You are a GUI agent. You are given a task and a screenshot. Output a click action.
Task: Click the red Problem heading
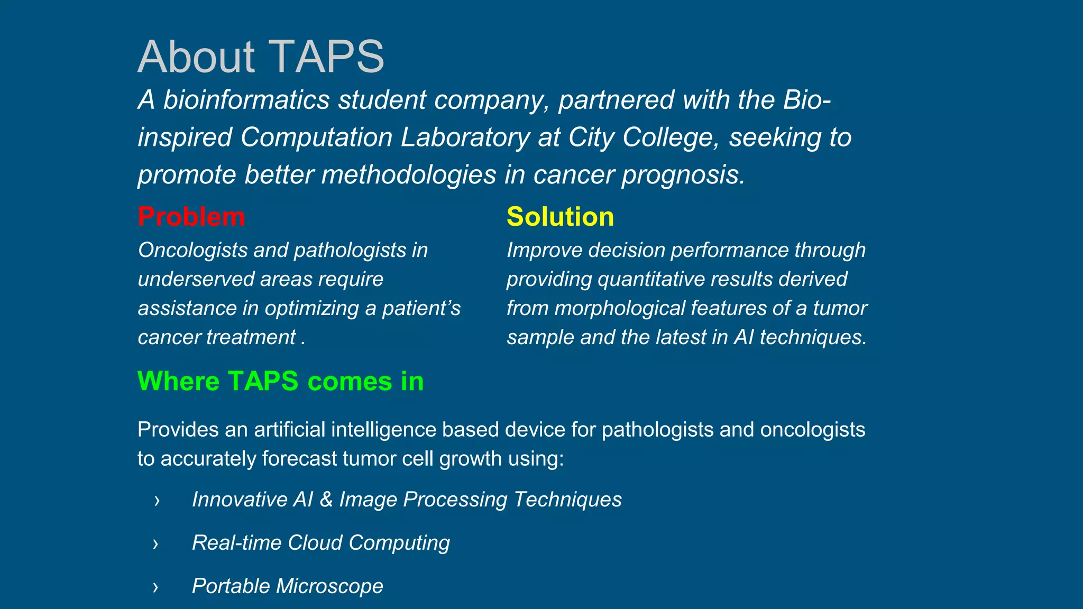point(191,217)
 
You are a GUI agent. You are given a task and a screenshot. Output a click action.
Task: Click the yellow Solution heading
point(560,217)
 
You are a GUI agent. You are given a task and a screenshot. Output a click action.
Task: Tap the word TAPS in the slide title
point(327,57)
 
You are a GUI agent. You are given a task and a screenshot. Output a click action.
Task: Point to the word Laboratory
point(465,137)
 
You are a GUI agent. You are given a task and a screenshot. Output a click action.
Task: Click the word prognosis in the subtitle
point(683,175)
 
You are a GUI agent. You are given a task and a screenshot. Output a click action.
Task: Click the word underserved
point(195,279)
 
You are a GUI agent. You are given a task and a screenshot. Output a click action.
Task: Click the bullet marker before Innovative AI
point(157,500)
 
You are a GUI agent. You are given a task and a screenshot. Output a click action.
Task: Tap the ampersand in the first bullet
point(326,500)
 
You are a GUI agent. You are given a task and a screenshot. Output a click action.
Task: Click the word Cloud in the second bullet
point(315,543)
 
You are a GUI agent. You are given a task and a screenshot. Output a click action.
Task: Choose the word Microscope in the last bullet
point(329,586)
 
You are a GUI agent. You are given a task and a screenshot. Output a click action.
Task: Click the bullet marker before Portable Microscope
point(155,587)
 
